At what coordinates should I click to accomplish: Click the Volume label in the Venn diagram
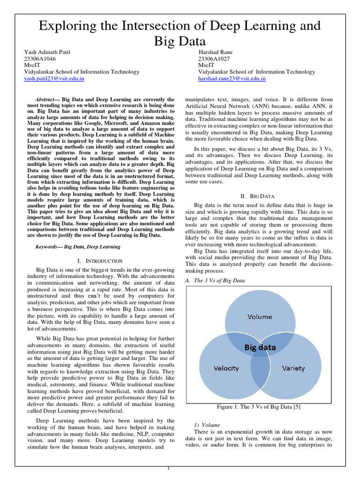[x=260, y=316]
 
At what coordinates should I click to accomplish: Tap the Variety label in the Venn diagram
[x=293, y=368]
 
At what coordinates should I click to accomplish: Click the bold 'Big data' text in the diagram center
[x=259, y=348]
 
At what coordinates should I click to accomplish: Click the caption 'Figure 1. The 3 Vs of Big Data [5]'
[x=259, y=407]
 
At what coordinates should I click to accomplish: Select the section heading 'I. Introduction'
[x=99, y=261]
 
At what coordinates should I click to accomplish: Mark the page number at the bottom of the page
[x=170, y=469]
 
